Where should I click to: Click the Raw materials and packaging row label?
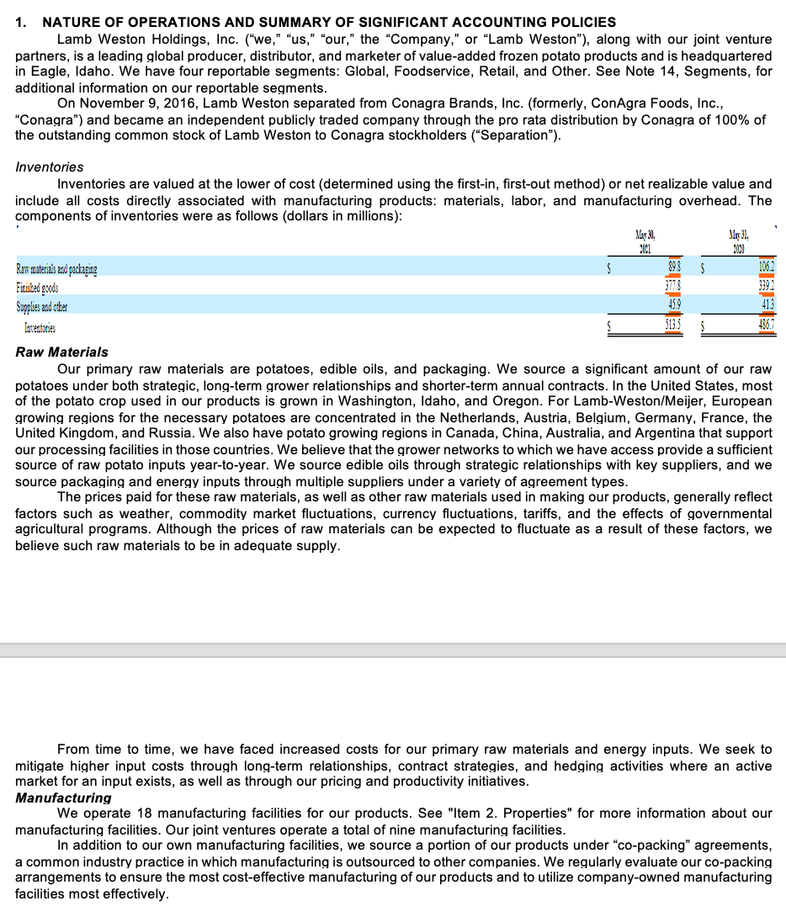56,269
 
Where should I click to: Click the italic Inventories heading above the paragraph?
50,167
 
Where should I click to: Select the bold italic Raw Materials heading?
62,352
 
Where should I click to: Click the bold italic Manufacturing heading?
64,797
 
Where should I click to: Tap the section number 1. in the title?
23,22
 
